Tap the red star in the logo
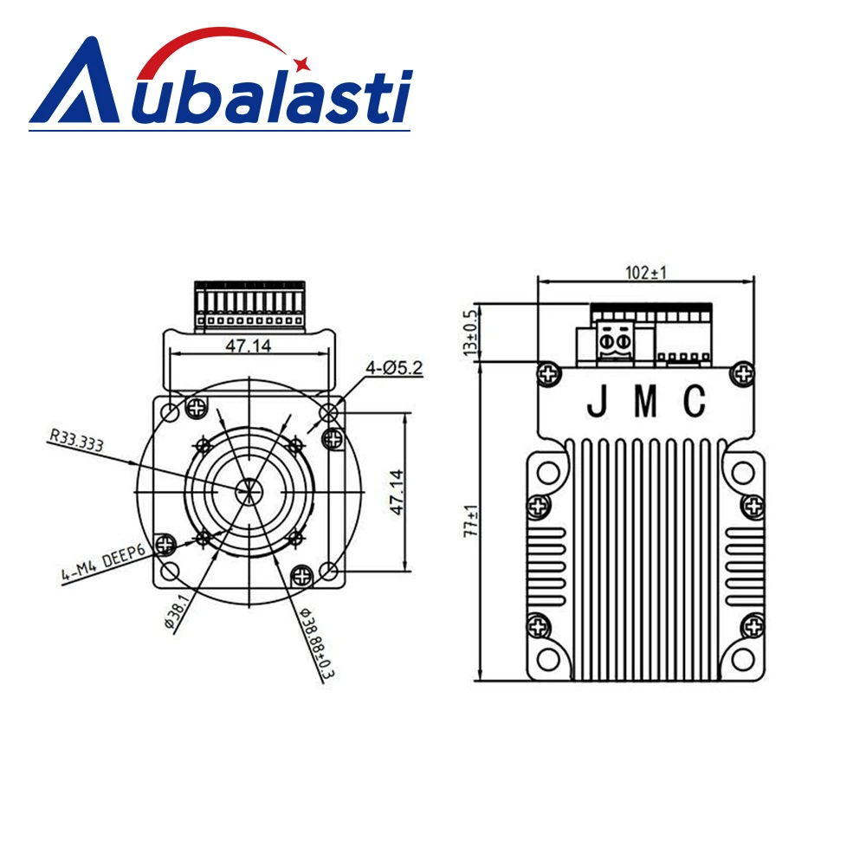click(x=302, y=62)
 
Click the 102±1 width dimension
click(x=646, y=272)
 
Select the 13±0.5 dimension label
click(x=470, y=333)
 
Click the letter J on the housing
click(x=597, y=401)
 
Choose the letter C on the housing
click(x=695, y=401)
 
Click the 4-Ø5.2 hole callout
click(x=394, y=368)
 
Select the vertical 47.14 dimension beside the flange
click(x=395, y=493)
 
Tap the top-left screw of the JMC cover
click(x=547, y=374)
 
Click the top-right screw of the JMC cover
click(x=742, y=374)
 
